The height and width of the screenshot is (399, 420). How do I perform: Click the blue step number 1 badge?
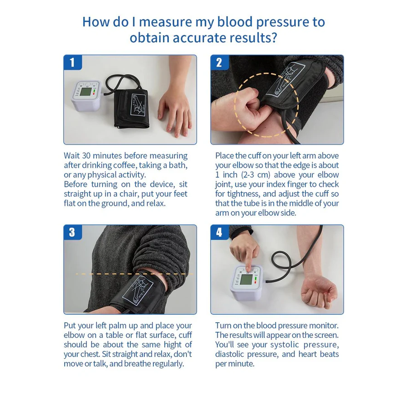pyautogui.click(x=72, y=63)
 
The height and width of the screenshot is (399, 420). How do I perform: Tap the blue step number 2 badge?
pyautogui.click(x=220, y=63)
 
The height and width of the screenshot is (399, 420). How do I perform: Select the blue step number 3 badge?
pyautogui.click(x=72, y=232)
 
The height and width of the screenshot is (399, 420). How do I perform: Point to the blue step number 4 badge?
pyautogui.click(x=220, y=232)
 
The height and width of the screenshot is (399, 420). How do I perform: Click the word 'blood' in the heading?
pyautogui.click(x=234, y=22)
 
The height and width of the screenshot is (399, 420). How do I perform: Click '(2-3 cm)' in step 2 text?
pyautogui.click(x=255, y=175)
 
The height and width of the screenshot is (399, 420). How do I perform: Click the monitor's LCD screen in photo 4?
pyautogui.click(x=246, y=280)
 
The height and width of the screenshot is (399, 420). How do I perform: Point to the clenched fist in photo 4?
pyautogui.click(x=319, y=292)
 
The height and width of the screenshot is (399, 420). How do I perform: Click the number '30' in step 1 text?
pyautogui.click(x=86, y=156)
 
